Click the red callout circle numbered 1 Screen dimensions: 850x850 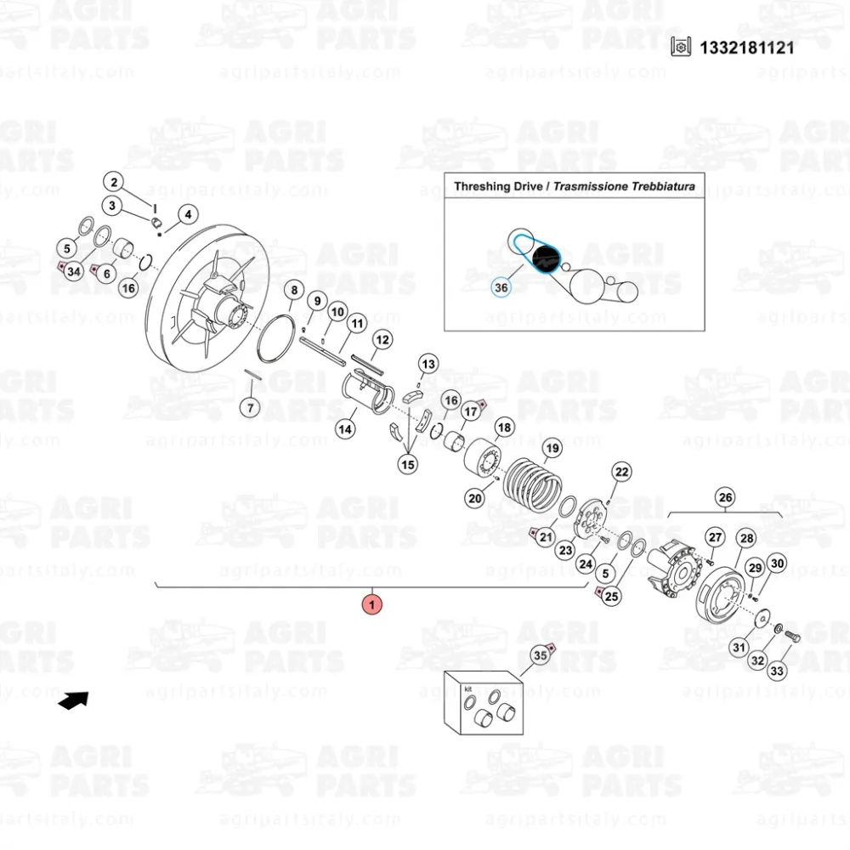click(372, 604)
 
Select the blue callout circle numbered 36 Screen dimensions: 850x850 click(501, 287)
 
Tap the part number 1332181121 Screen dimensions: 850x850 click(746, 48)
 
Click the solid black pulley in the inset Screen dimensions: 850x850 click(546, 258)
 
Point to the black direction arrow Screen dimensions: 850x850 click(74, 700)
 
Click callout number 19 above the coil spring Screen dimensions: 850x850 click(552, 448)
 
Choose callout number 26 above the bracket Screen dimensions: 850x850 click(725, 497)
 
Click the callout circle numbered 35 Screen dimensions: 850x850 click(541, 655)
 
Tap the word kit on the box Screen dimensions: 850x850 click(467, 689)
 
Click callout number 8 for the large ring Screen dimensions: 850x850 click(294, 290)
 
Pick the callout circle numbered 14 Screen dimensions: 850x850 click(345, 429)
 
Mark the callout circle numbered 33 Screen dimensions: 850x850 click(777, 671)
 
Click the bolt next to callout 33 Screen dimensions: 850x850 click(792, 637)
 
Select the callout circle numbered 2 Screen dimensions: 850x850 click(114, 182)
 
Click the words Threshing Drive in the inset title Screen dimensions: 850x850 click(498, 186)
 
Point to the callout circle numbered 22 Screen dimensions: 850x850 click(622, 472)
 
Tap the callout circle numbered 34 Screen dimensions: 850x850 click(74, 271)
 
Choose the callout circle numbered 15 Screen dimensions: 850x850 click(408, 464)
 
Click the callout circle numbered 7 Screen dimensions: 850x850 click(250, 408)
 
